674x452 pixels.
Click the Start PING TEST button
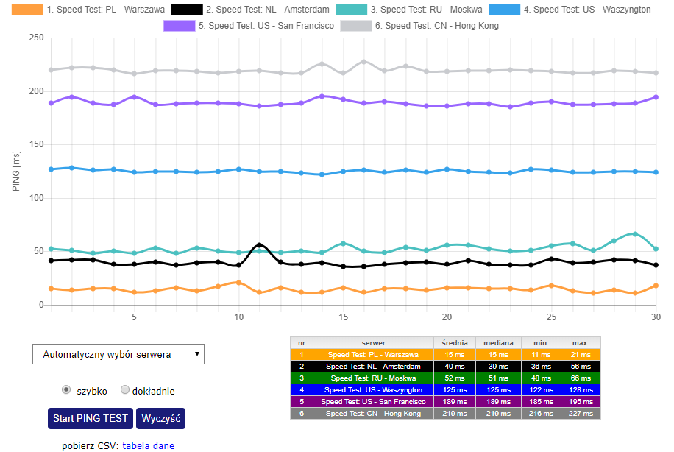click(91, 418)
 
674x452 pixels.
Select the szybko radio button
click(67, 389)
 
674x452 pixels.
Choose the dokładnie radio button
click(125, 389)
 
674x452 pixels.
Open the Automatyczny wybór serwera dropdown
click(118, 354)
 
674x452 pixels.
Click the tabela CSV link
click(136, 445)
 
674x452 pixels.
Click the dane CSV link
click(163, 445)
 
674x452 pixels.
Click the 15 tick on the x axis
click(343, 317)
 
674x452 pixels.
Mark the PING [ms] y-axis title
click(16, 172)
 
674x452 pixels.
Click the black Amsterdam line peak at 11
click(259, 245)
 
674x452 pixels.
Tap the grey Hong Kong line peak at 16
click(363, 62)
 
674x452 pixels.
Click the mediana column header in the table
click(498, 342)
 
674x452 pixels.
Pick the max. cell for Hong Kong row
click(581, 414)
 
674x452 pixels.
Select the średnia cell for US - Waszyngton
click(455, 389)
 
